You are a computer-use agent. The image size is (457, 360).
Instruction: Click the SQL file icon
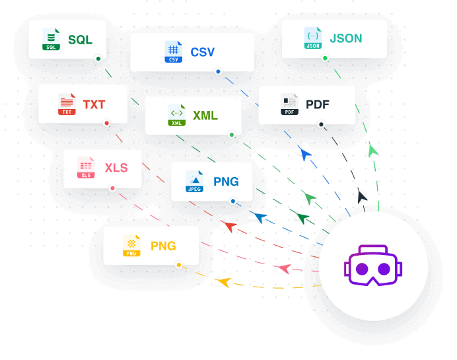click(51, 40)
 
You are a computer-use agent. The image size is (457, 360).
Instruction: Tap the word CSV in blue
click(202, 52)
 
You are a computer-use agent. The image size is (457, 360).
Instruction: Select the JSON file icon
click(313, 38)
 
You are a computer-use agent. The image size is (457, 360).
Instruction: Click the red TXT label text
click(94, 104)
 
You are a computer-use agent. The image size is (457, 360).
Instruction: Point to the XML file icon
click(177, 116)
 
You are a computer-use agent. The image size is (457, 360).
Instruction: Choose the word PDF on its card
click(317, 104)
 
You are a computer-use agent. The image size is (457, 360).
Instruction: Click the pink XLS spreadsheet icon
click(86, 168)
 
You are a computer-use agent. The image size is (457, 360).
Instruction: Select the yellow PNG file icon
click(131, 246)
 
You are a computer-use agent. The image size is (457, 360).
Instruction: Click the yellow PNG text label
click(163, 246)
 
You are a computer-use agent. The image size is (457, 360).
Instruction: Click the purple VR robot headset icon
click(373, 266)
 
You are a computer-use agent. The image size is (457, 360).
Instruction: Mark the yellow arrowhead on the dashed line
click(223, 282)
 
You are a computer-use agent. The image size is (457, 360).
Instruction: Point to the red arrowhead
click(229, 227)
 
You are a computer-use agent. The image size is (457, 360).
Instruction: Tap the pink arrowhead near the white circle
click(283, 268)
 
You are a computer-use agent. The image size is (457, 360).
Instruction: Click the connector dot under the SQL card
click(98, 59)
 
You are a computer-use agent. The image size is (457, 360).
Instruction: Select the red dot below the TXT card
click(106, 123)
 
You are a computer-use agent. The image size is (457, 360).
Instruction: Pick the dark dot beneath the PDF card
click(321, 124)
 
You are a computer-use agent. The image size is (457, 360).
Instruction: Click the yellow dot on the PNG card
click(178, 265)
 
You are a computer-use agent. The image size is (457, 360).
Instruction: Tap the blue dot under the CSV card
click(218, 71)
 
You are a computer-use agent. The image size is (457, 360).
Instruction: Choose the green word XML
click(205, 116)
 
